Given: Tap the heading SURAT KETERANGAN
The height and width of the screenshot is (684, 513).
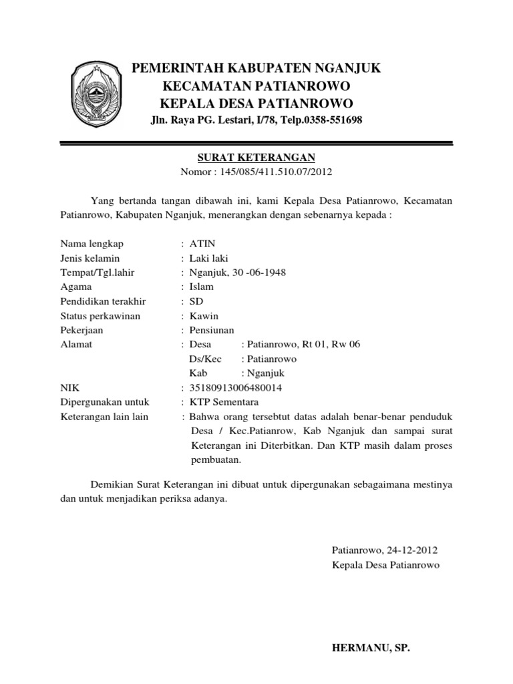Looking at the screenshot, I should pos(256,158).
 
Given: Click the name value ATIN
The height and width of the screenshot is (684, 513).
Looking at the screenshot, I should pos(202,243).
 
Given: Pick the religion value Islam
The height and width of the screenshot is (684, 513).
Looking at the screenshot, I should pos(202,287).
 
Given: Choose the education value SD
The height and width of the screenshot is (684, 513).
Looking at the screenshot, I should pos(196,301).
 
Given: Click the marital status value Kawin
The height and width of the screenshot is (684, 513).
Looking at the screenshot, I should pos(204,316).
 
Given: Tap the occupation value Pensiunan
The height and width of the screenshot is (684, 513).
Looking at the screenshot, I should pos(212,330).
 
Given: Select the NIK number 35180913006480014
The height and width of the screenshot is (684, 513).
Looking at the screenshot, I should pos(236,388).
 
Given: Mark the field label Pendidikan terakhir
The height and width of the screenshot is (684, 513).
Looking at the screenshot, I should pos(103,301).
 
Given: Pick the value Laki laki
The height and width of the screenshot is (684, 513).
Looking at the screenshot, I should pos(209,258).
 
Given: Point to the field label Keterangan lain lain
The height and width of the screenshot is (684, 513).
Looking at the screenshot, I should pos(104,417).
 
